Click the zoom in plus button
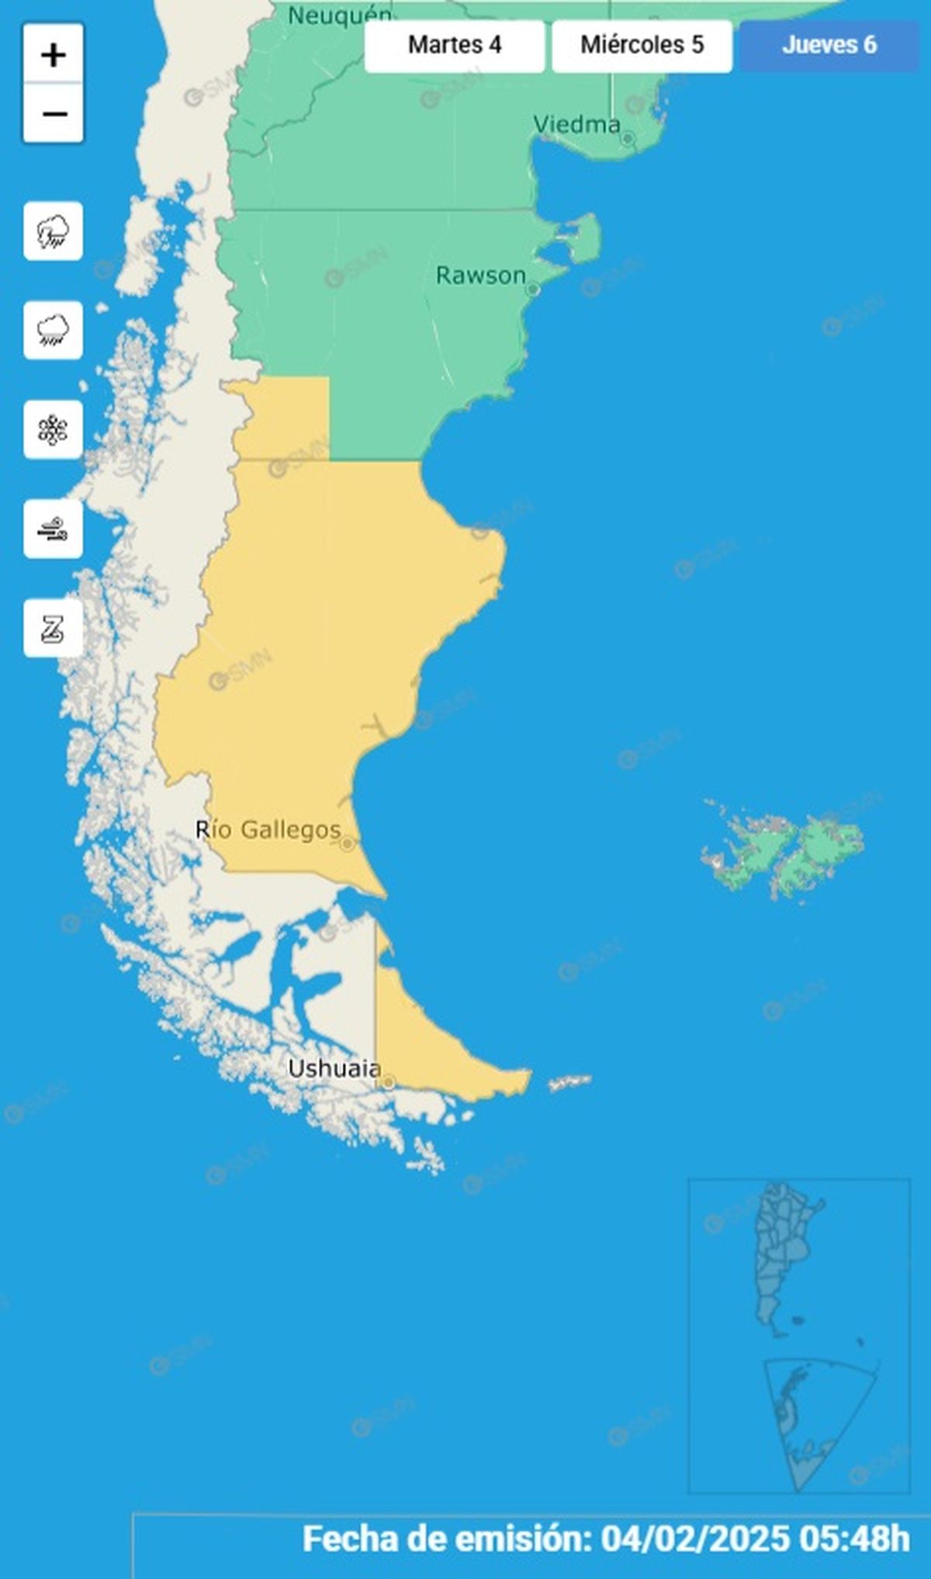pos(53,54)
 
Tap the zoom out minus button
pos(53,113)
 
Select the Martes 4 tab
pos(455,45)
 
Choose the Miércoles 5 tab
pos(642,45)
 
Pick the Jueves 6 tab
pos(829,45)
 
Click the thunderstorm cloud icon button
pos(53,231)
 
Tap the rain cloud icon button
pos(53,331)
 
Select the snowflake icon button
pos(53,430)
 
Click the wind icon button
pos(53,529)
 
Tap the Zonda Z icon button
pos(53,629)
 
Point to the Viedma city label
pos(576,124)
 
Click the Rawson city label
pos(480,275)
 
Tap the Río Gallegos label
pos(268,830)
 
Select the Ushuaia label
pos(334,1068)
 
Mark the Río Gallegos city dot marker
pos(347,844)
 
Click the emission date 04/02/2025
pos(695,1539)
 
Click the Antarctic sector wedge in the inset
pos(807,1421)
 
